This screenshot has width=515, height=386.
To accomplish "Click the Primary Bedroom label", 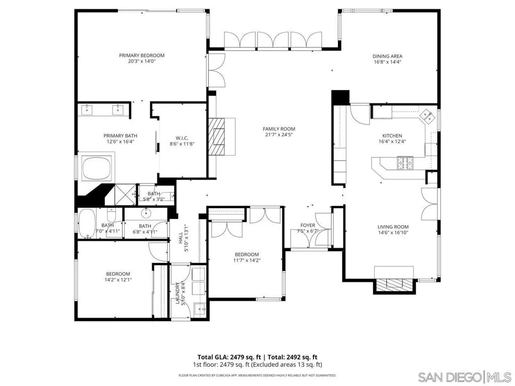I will click(x=141, y=55).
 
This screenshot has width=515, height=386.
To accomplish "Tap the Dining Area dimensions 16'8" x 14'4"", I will click(x=387, y=62).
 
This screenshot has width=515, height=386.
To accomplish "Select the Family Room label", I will click(x=279, y=129).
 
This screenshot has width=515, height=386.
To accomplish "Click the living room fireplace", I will click(x=394, y=285).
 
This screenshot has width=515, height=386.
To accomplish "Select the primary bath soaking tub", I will click(x=97, y=169).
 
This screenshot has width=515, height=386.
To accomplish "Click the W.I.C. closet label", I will click(x=182, y=138).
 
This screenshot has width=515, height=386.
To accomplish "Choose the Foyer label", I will click(x=307, y=225).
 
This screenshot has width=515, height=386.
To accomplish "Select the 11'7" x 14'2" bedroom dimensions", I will click(x=246, y=260).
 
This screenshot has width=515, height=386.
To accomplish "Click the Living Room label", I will click(x=393, y=227).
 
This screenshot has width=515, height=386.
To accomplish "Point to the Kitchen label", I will click(x=392, y=136).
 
